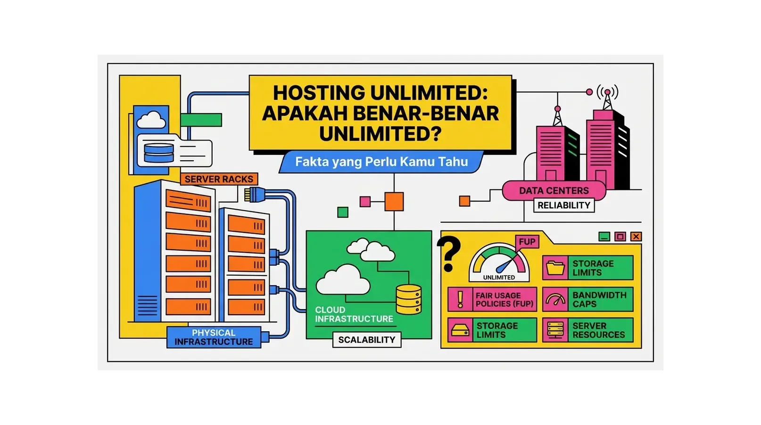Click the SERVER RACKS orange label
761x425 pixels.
coord(219,179)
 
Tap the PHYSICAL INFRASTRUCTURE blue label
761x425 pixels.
coord(214,337)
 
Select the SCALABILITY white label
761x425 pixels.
coord(366,340)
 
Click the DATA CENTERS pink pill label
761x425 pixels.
coord(554,191)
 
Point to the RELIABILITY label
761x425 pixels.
coord(564,205)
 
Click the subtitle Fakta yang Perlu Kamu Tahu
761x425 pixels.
coord(381,162)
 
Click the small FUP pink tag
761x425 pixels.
coord(527,242)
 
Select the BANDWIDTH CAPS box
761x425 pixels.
coord(587,300)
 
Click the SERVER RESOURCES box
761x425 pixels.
coord(587,330)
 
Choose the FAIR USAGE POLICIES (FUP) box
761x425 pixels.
coord(492,300)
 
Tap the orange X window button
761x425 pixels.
coord(636,237)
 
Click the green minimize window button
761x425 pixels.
coord(604,237)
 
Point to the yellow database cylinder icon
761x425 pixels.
coord(408,299)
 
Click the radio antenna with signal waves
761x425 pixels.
coord(607,97)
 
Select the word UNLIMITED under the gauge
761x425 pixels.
coord(499,278)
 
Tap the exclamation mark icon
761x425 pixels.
coord(460,299)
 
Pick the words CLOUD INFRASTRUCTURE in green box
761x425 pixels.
coord(354,314)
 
